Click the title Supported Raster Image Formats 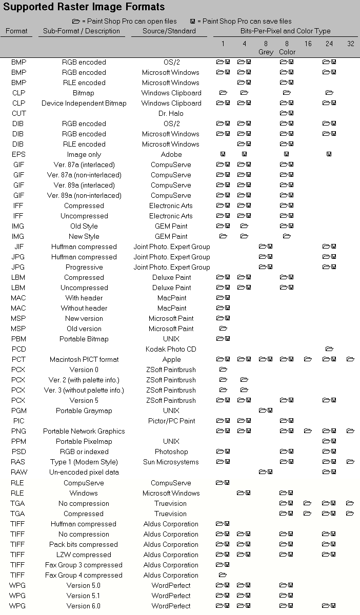coord(84,7)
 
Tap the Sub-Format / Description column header coord(82,31)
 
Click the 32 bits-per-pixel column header coord(351,44)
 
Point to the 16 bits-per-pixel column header coord(308,44)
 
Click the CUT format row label coord(18,113)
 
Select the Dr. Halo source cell coord(171,113)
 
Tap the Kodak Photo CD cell coord(171,349)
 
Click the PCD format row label coord(18,349)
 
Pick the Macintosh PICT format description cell coord(84,359)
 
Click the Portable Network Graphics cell coord(84,431)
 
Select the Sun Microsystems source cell coord(171,462)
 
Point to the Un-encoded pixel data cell coord(84,472)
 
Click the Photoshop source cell coord(171,452)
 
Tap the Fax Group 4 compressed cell coord(84,575)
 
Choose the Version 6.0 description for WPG coord(84,606)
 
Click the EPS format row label coord(18,154)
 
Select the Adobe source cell coord(171,154)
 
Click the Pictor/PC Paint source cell coord(171,421)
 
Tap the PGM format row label coord(18,411)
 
